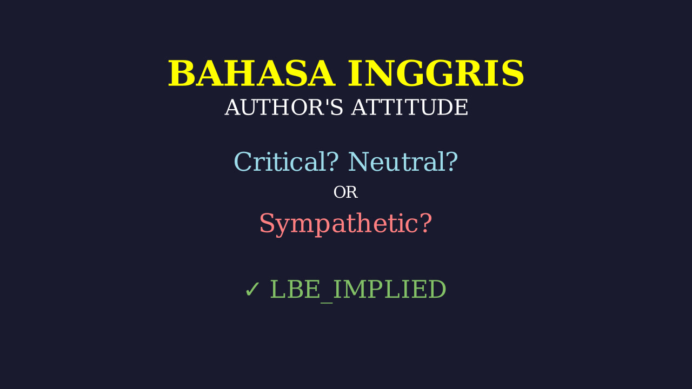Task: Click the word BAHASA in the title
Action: pos(251,74)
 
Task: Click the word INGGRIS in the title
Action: pos(436,74)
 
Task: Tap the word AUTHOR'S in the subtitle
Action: pos(284,108)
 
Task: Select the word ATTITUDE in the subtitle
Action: pos(409,108)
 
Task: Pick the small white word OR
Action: pos(345,192)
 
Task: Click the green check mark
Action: pos(252,290)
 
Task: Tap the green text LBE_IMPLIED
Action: pos(358,290)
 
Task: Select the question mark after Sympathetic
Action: pos(426,223)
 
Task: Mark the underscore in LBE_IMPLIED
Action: pos(327,302)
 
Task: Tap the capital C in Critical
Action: pos(243,162)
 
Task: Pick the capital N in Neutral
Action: pos(359,162)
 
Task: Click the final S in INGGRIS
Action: pos(513,74)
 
